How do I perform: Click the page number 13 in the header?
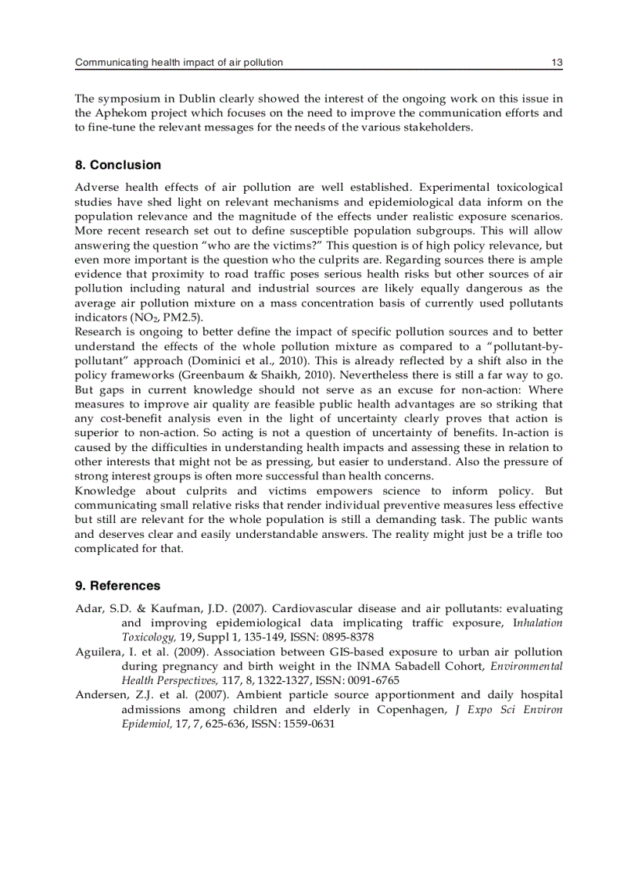coord(557,62)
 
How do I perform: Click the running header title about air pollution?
coord(178,62)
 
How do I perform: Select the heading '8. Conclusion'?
coord(118,165)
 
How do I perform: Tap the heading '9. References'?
coord(118,586)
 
